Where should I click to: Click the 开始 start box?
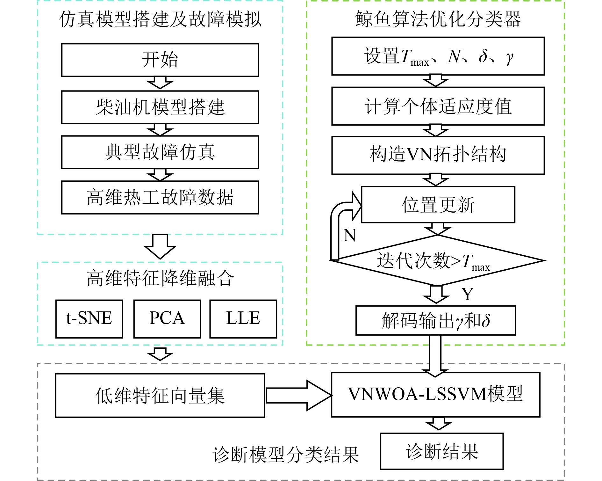(160, 60)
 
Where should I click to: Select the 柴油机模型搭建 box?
(160, 107)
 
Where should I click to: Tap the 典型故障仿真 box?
(160, 152)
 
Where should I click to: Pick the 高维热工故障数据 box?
(160, 197)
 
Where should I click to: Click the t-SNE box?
(89, 318)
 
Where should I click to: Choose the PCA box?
(167, 318)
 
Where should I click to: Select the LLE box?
(243, 318)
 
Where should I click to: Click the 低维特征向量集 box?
(160, 395)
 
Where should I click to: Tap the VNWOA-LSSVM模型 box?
(435, 394)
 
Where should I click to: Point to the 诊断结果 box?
(442, 451)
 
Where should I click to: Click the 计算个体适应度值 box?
(438, 106)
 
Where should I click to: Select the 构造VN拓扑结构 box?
(438, 155)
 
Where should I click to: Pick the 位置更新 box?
(438, 204)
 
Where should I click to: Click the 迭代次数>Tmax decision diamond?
(438, 260)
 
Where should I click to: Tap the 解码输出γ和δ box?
(435, 320)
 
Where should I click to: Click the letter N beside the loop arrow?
(349, 236)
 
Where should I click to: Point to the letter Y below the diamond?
(467, 294)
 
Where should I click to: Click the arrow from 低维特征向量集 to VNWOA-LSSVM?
(298, 395)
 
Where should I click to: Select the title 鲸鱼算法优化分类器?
(438, 19)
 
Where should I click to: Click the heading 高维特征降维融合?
(160, 278)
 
